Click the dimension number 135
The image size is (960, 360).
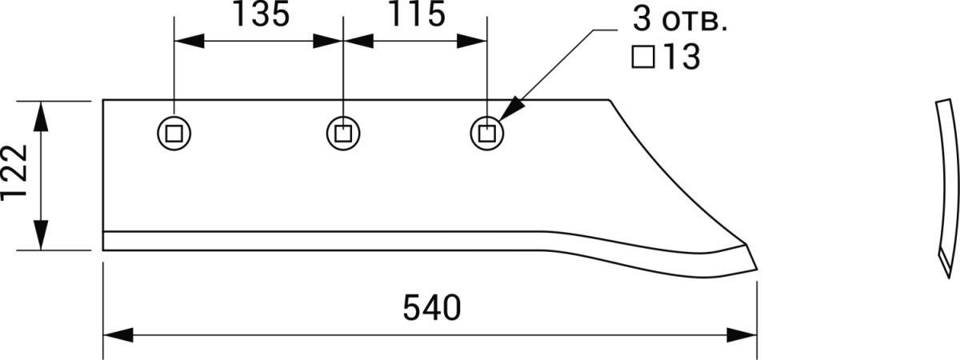(x=262, y=16)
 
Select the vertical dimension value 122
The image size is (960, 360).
(x=16, y=175)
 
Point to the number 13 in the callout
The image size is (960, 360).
(x=680, y=58)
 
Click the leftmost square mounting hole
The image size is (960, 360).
(x=173, y=132)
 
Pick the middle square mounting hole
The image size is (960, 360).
(x=342, y=132)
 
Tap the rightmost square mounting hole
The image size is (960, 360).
(x=486, y=132)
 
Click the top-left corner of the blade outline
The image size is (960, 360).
(x=105, y=99)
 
